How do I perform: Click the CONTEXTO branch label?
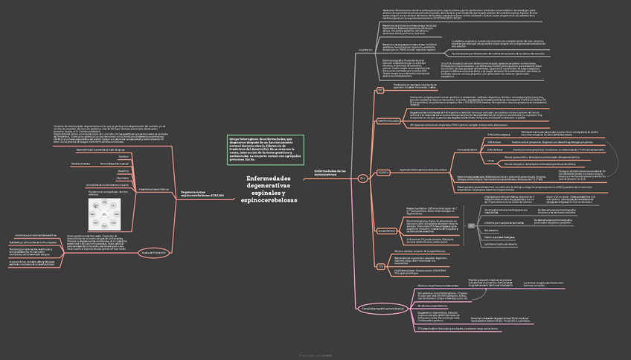pos(365,50)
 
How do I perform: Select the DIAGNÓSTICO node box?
pos(387,231)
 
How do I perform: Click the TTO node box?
pos(381,266)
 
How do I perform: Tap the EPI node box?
pos(379,90)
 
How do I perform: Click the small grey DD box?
pos(471,224)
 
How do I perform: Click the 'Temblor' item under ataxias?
pos(124,156)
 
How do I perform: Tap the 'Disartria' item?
pos(124,170)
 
